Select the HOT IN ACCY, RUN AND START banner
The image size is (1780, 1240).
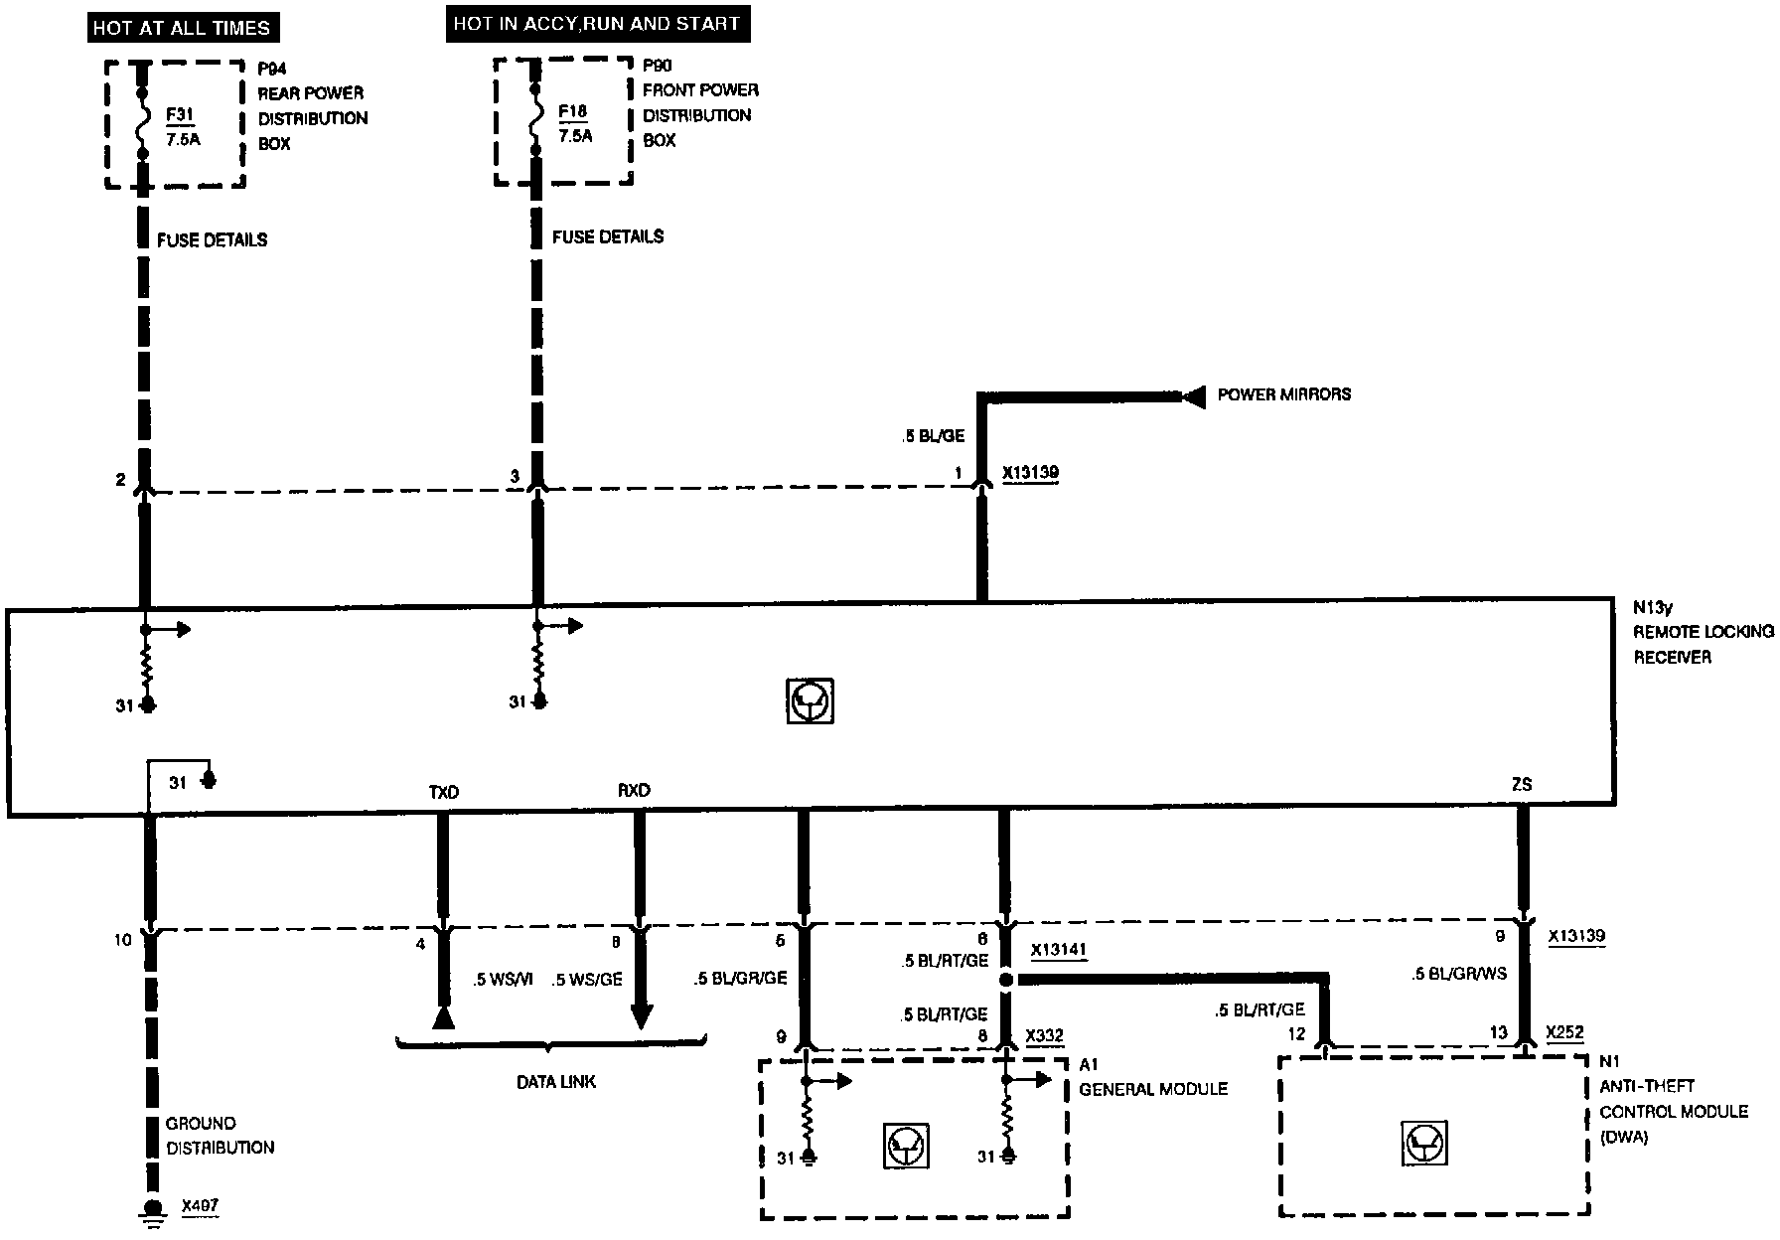596,24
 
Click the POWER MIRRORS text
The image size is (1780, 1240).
1283,394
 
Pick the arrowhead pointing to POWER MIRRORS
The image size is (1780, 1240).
1193,395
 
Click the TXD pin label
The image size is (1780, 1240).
443,792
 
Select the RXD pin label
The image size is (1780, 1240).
634,791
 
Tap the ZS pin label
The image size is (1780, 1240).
1521,785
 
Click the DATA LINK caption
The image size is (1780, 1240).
556,1081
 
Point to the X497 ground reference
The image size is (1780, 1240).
200,1207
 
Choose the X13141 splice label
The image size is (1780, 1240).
1058,951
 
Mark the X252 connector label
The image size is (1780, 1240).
1564,1033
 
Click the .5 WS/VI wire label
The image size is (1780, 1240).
503,980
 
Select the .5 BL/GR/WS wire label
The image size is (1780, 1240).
1458,974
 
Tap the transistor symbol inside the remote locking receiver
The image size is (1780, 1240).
810,701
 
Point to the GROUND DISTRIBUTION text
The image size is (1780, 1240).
220,1136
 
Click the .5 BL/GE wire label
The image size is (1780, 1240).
934,436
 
